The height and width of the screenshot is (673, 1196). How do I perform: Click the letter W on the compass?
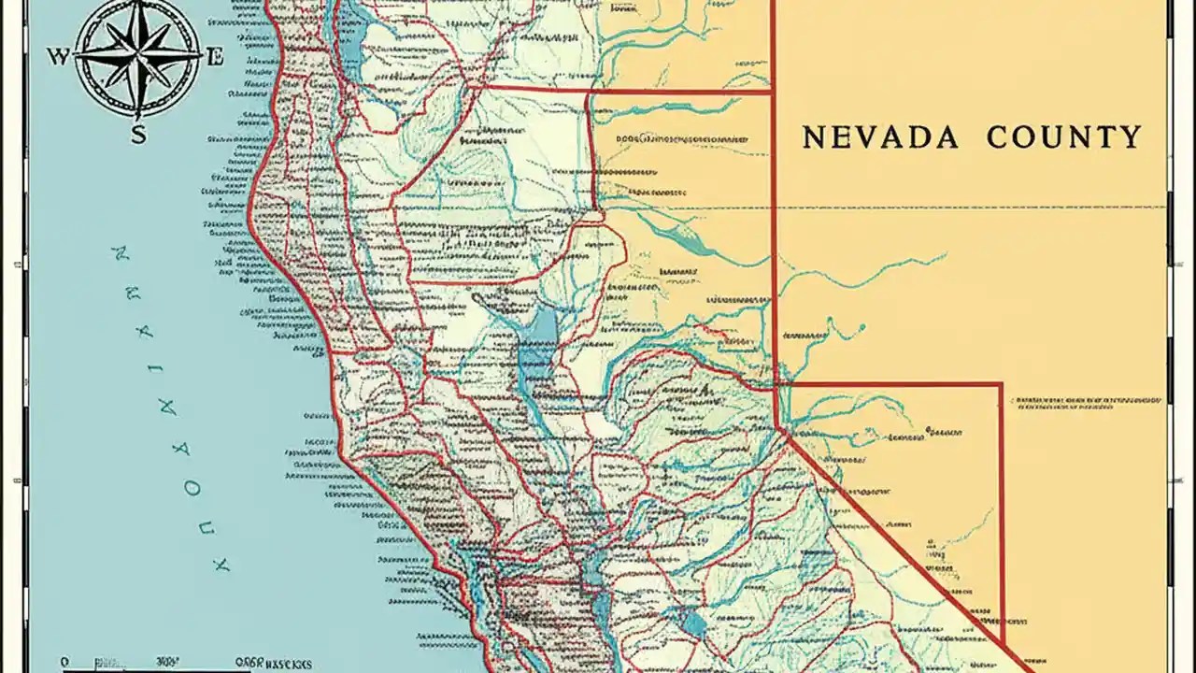coord(57,57)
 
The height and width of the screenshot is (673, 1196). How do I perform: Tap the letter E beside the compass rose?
coord(215,57)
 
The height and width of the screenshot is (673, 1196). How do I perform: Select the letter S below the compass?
coord(137,134)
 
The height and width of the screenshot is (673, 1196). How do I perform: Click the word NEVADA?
coord(880,137)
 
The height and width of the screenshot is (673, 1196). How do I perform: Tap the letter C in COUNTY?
coord(998,137)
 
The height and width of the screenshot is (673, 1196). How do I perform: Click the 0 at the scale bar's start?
coord(64,661)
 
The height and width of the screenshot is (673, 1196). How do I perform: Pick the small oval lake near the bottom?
coord(693,623)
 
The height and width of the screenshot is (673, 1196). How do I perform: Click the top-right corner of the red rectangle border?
coord(1002,383)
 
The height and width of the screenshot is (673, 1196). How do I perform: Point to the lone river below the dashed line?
coord(860,271)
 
